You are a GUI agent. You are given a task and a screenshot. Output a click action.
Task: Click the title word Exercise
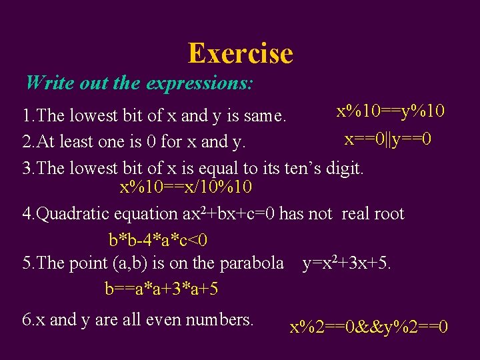tap(240, 53)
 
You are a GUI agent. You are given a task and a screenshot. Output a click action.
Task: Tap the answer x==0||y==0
tap(388, 139)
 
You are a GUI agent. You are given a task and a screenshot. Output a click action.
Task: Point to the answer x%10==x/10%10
tap(185, 188)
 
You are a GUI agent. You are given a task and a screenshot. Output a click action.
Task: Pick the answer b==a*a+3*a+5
tap(162, 289)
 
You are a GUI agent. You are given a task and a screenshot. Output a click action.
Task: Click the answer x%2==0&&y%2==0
tap(369, 328)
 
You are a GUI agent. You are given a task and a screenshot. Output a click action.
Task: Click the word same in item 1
tap(265, 116)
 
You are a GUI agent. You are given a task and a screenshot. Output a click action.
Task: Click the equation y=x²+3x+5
tap(347, 263)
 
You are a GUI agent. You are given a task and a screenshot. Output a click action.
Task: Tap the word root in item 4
tap(387, 214)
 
